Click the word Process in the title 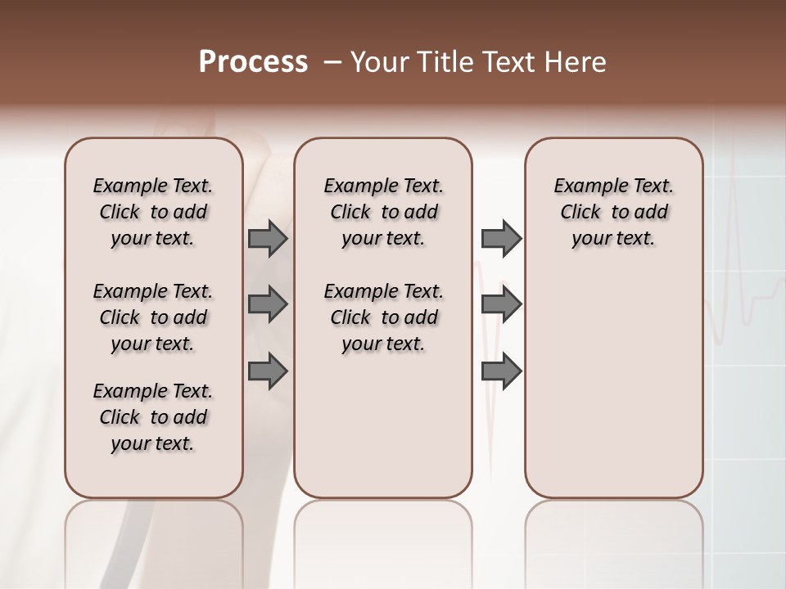(x=253, y=62)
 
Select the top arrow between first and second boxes (x=268, y=238)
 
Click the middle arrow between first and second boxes (x=268, y=304)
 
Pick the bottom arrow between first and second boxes (x=268, y=371)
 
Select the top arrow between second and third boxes (x=501, y=238)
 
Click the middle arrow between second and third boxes (x=501, y=304)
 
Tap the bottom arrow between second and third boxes (x=501, y=371)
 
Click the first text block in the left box (x=153, y=212)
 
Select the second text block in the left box (x=153, y=317)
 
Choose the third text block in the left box (x=153, y=417)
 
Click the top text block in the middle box (x=383, y=212)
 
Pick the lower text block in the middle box (x=383, y=317)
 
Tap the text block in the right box (x=613, y=212)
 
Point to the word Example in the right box (x=583, y=187)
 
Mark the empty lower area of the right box (x=613, y=393)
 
